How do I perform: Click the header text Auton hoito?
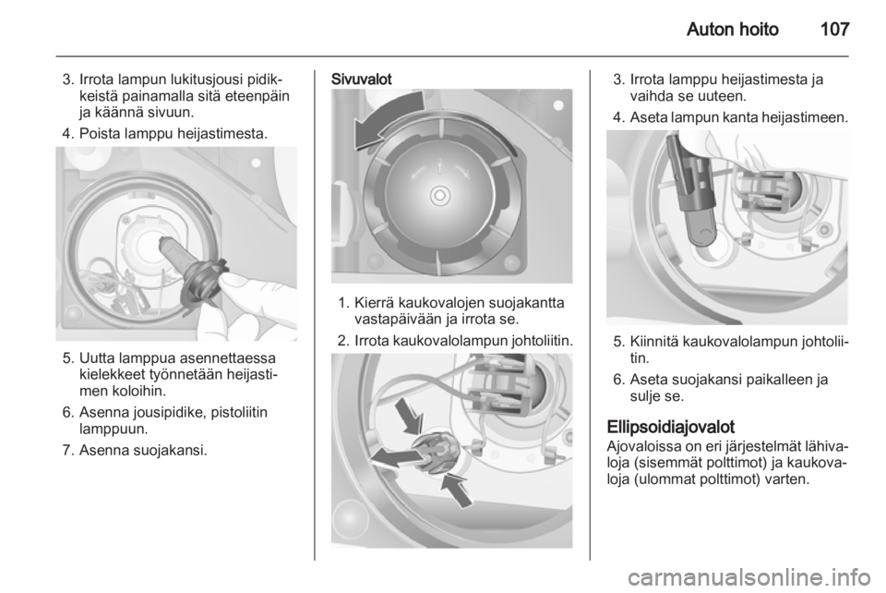732,29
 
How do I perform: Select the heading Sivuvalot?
361,79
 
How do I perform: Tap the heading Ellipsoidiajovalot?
671,426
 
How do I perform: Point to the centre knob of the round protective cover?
439,196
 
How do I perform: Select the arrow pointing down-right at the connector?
409,415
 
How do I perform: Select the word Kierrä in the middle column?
375,303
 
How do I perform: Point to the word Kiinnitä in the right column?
653,342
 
